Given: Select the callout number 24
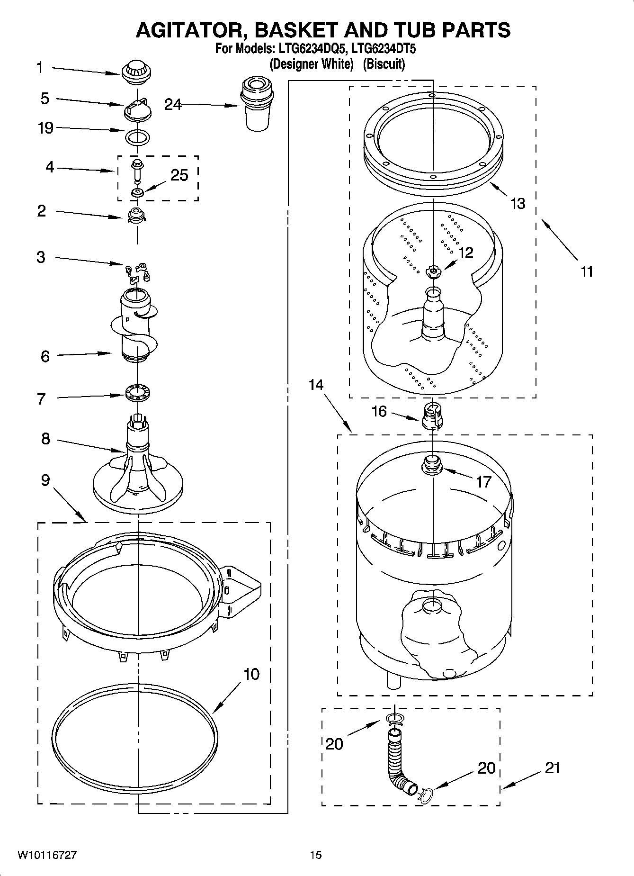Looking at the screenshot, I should pos(173,104).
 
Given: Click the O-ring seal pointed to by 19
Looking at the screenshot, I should pos(138,138).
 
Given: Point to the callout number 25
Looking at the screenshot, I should pos(179,175).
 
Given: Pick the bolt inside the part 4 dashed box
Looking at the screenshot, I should pos(138,171).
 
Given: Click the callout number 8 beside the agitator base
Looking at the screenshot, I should pos(45,439).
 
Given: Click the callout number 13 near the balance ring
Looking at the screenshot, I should pos(518,204).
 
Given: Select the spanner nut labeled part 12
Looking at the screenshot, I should pos(433,271).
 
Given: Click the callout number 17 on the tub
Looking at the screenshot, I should pos(483,482).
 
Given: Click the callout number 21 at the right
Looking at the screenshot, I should pos(552,768).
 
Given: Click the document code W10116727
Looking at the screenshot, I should pos(47,855).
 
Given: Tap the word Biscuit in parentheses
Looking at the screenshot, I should pos(384,64).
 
